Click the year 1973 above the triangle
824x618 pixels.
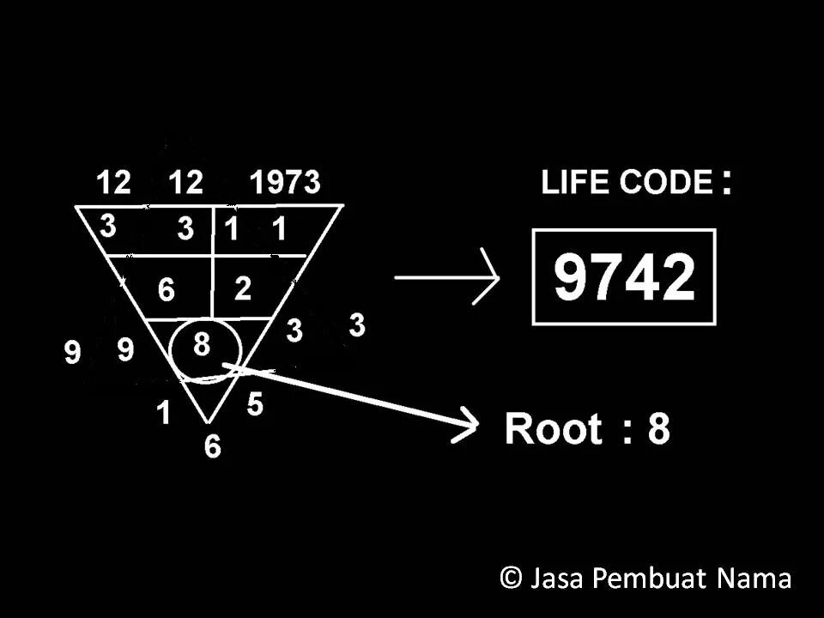pos(284,183)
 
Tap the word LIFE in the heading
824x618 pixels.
pos(572,183)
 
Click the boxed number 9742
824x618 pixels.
pos(623,276)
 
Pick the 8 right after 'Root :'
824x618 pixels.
pos(658,427)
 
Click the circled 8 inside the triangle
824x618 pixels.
pos(202,345)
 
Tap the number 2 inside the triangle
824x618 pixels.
pos(243,288)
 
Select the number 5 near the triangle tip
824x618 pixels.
pos(255,403)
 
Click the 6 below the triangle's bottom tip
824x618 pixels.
pos(212,447)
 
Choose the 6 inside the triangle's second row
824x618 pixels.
pos(167,291)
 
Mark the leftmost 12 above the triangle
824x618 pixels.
pos(113,183)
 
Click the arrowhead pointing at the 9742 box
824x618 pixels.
pos(491,276)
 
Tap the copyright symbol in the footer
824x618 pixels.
pos(511,578)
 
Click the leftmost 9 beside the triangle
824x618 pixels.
pos(74,353)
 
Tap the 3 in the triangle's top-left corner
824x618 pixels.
pos(108,227)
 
